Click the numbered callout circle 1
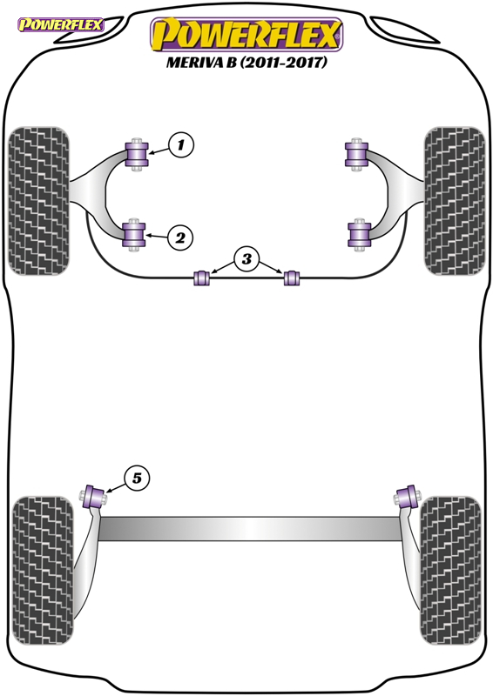[x=181, y=144]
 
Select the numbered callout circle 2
[x=180, y=238]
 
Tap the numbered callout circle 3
[x=246, y=258]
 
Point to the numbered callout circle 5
[x=137, y=478]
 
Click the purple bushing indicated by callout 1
[x=137, y=155]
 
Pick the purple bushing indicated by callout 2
[x=134, y=235]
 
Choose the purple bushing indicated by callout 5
[x=94, y=497]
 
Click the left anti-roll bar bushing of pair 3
[x=201, y=278]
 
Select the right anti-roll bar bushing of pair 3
[x=292, y=278]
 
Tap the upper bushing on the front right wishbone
[x=356, y=155]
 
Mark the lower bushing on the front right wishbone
[x=360, y=235]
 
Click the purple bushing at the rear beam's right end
[x=407, y=497]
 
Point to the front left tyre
[x=38, y=201]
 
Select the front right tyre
[x=455, y=201]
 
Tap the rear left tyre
[x=42, y=571]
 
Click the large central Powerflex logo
[x=246, y=34]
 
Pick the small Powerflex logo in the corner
[x=60, y=24]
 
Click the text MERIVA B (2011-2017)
[x=246, y=62]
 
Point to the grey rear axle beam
[x=249, y=529]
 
